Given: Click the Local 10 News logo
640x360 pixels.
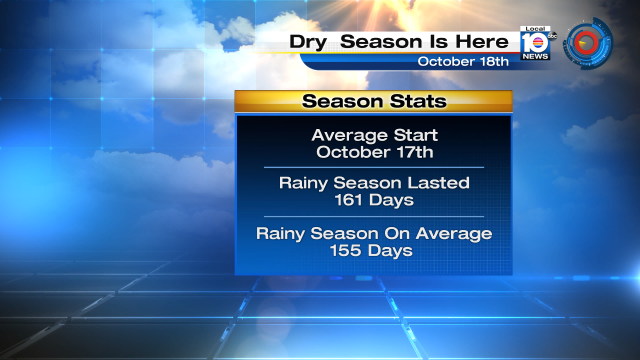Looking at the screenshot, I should (x=536, y=42).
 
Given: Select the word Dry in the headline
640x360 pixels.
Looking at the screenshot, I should (x=309, y=41).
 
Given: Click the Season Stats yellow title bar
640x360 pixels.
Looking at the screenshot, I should (x=373, y=101).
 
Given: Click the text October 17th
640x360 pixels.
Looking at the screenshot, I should (x=373, y=152).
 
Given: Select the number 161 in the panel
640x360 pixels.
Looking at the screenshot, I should (x=345, y=200).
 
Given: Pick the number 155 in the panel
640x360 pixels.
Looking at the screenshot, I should (x=345, y=250).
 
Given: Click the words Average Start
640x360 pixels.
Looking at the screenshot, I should (x=373, y=135).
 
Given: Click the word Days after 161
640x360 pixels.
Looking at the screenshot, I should (x=392, y=200).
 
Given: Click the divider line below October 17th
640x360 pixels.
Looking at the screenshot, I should (x=373, y=167).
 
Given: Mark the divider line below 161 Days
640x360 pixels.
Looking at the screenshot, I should (x=373, y=216).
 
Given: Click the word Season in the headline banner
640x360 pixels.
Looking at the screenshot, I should (x=380, y=41).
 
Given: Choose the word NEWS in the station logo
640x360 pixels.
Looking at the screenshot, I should (x=536, y=56).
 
